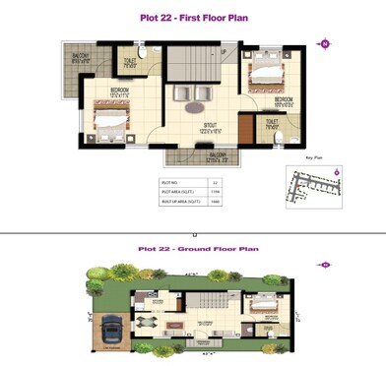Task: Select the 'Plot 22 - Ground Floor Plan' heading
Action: pos(193,250)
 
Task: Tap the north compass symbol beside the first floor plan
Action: pos(324,43)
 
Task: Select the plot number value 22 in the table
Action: pos(215,183)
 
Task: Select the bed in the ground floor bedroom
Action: pos(269,324)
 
